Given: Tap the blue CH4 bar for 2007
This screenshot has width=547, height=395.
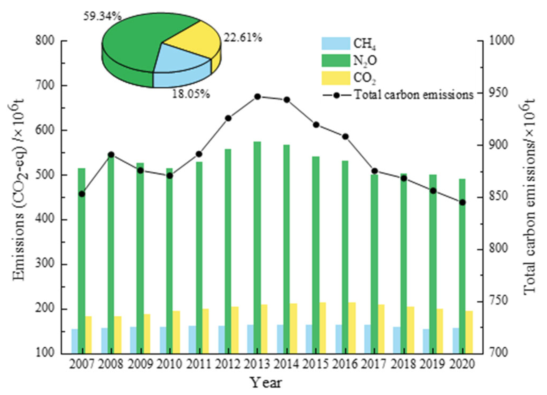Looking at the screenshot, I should [x=75, y=341].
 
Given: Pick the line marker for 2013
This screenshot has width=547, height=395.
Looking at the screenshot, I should [x=257, y=97].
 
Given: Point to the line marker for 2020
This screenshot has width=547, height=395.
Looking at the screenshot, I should [x=462, y=203].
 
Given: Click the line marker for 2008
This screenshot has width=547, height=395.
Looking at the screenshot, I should [x=111, y=155].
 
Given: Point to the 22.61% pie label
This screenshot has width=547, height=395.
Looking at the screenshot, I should [x=243, y=38].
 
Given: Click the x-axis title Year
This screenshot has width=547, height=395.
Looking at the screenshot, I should [x=266, y=383].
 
